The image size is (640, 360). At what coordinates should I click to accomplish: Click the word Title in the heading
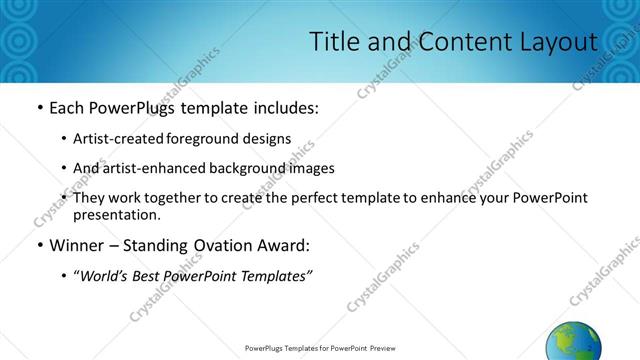pyautogui.click(x=333, y=42)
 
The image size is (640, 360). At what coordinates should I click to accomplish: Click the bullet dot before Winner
pyautogui.click(x=39, y=246)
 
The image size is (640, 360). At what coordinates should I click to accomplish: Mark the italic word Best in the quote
pyautogui.click(x=153, y=275)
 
